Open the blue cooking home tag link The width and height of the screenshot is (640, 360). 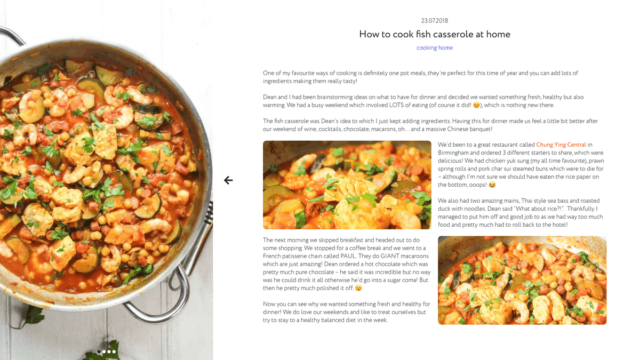pos(435,47)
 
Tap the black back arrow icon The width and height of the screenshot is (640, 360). pos(228,180)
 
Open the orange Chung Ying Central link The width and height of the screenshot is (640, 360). pos(561,145)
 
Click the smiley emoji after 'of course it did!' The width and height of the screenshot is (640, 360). pos(476,105)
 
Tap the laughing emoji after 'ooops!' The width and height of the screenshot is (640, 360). pos(492,185)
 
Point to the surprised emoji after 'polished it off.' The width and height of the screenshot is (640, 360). pos(358,288)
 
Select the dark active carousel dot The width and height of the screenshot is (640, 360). pos(99,351)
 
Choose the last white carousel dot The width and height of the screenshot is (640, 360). pos(114,351)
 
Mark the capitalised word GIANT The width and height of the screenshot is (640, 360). pos(389,256)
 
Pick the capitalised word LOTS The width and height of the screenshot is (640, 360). pos(396,105)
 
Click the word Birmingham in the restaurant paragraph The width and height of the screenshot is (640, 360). pos(453,153)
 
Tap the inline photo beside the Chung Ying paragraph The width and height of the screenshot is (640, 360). pos(347,185)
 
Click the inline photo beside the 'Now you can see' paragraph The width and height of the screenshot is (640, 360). pos(522,281)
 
